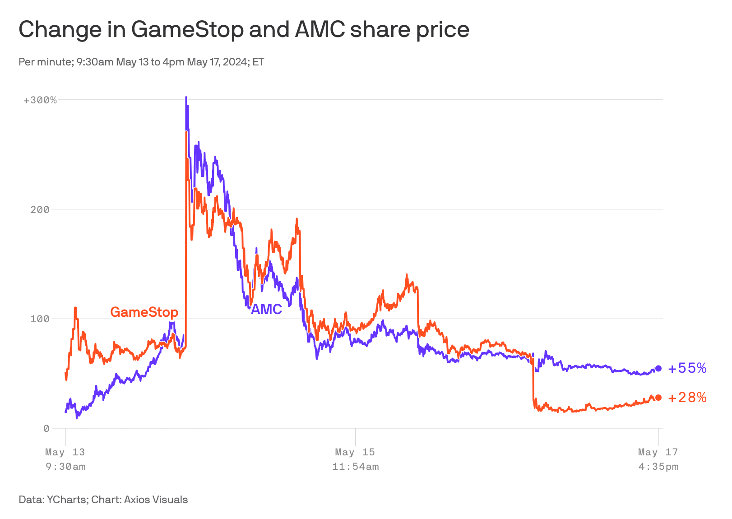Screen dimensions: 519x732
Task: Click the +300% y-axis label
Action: click(40, 100)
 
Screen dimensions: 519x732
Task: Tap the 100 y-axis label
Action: click(40, 319)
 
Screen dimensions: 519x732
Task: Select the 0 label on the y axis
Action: click(46, 429)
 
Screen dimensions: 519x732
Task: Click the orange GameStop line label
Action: click(144, 312)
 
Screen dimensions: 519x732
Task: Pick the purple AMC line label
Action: click(266, 309)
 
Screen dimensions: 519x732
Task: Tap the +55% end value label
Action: click(687, 368)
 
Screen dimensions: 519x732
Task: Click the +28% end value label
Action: click(687, 398)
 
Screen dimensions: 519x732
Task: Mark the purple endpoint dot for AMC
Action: click(658, 368)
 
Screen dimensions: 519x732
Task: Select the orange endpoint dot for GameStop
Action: click(658, 398)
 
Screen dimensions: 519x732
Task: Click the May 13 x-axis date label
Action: click(65, 452)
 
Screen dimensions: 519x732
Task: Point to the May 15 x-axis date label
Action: click(355, 452)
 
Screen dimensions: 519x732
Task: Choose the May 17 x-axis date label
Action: click(658, 452)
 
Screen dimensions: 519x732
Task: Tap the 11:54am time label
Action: click(355, 467)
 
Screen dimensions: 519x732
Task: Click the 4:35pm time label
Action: click(658, 467)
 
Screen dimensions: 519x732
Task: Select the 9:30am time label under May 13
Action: click(65, 467)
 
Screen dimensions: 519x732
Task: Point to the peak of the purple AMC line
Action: click(186, 97)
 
